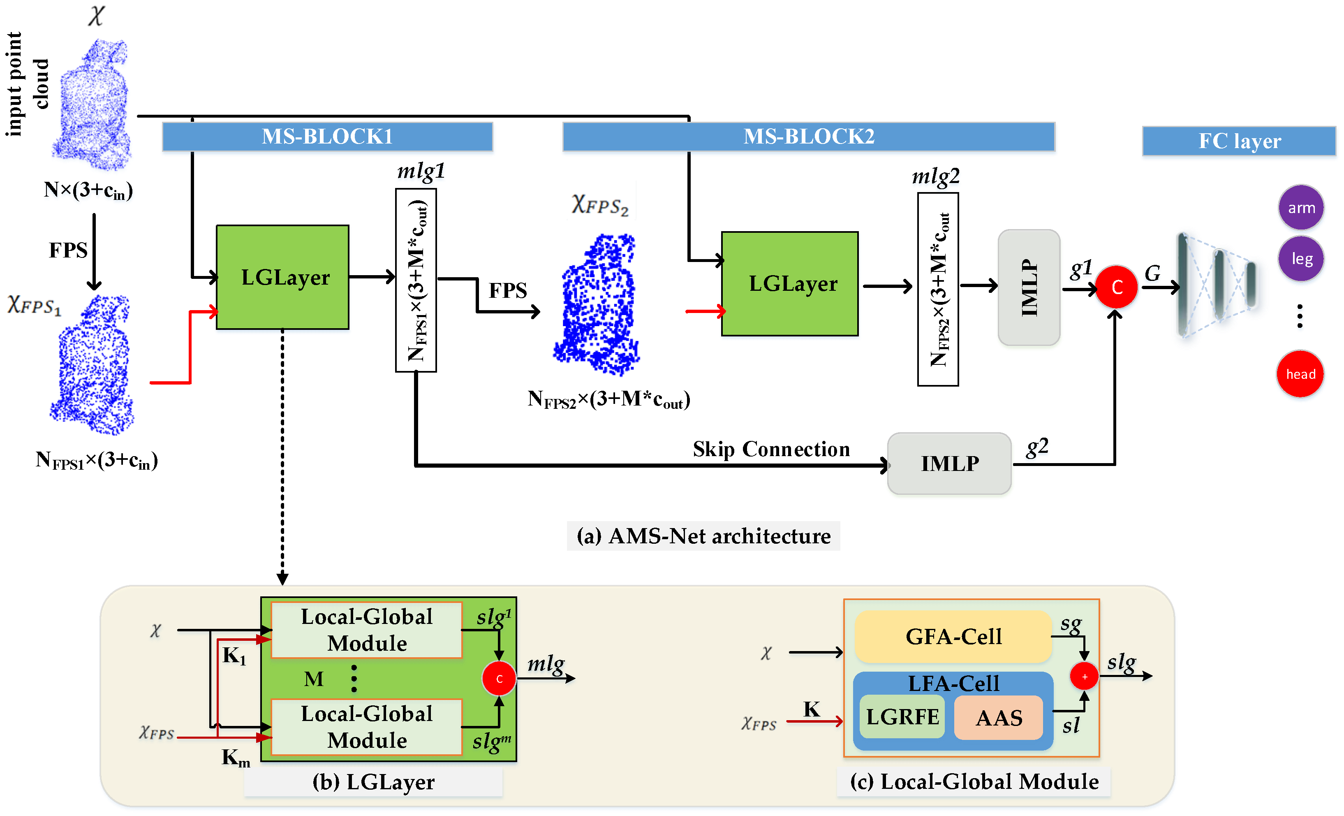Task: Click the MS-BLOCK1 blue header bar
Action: (327, 137)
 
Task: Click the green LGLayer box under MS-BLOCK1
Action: (282, 277)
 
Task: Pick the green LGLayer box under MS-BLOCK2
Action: (789, 284)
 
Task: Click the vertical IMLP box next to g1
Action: (1029, 287)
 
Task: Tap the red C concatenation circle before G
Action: (1116, 287)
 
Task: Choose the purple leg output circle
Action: (1301, 259)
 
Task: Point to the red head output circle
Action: (1300, 374)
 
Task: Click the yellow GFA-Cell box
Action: (953, 636)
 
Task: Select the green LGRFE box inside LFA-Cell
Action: (902, 716)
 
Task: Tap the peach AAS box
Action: (998, 718)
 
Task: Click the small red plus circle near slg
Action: (1084, 676)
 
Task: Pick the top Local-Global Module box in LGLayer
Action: (367, 630)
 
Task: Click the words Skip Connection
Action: (771, 449)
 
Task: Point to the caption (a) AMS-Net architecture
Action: (703, 536)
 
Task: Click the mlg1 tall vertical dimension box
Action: (416, 280)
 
